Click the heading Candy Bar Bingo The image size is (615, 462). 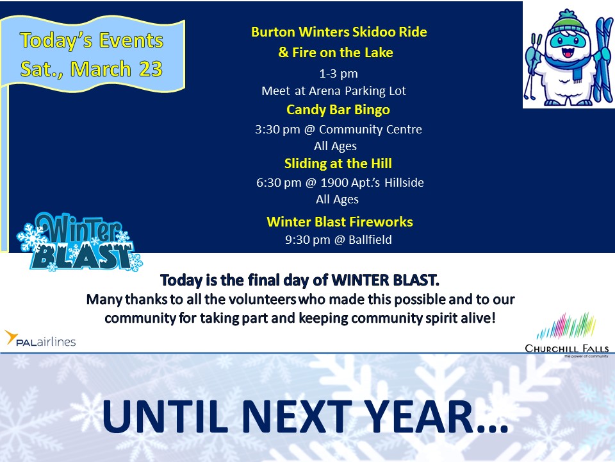tap(338, 110)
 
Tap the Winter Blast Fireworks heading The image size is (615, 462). tap(340, 222)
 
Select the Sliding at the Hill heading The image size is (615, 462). tap(338, 164)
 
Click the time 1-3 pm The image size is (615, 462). tap(338, 74)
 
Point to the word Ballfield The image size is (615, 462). tap(370, 239)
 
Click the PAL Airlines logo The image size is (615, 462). tap(40, 339)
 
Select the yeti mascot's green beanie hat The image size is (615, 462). tap(568, 24)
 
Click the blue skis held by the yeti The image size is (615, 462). tap(603, 59)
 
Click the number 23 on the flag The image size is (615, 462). tap(151, 69)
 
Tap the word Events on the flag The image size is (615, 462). tap(131, 40)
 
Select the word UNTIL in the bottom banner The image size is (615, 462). tap(165, 416)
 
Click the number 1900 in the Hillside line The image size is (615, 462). tap(334, 183)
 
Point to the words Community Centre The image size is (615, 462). tap(370, 130)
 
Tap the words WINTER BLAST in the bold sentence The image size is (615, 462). tap(385, 280)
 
